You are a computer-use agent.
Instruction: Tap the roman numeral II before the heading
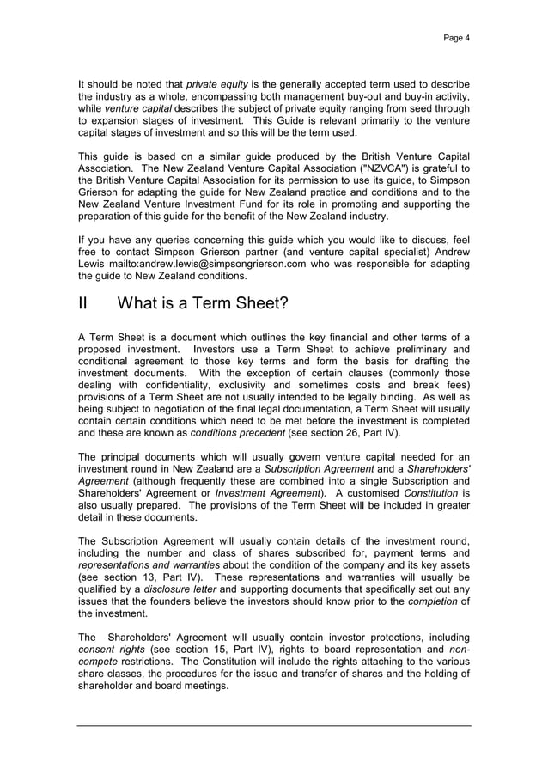84,304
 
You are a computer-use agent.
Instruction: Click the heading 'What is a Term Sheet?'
202,304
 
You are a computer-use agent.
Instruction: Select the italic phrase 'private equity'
214,84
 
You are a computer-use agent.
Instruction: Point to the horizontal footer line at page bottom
274,726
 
